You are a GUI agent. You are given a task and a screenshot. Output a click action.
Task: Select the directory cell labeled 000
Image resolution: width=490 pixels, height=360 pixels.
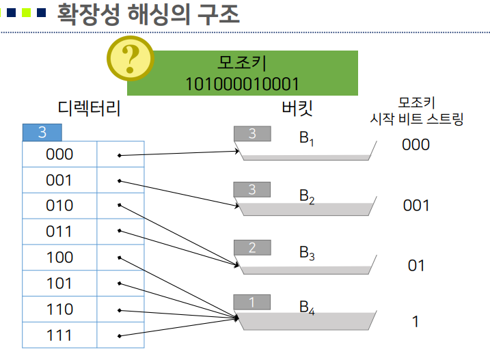click(x=59, y=154)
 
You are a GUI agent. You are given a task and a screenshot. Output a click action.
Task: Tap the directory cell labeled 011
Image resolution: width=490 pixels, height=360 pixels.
click(x=59, y=232)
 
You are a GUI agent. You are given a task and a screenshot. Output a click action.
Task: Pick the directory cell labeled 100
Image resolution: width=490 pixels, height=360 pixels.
click(x=59, y=258)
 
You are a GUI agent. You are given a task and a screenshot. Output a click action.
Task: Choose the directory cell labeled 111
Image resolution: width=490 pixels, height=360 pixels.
click(x=59, y=335)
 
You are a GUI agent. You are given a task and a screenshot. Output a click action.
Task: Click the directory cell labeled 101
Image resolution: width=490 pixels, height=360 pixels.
click(x=59, y=283)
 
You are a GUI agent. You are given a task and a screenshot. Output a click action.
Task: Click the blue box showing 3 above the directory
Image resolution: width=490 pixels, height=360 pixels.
click(x=42, y=133)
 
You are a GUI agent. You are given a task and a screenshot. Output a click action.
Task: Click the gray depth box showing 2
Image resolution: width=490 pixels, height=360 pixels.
click(x=252, y=248)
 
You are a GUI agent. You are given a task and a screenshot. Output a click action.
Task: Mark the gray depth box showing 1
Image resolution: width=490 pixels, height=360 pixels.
click(x=252, y=302)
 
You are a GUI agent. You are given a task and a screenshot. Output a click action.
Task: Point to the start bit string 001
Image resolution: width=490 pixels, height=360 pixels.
click(x=416, y=205)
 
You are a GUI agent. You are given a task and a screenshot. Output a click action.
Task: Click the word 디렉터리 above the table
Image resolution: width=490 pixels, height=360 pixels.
click(x=90, y=108)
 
